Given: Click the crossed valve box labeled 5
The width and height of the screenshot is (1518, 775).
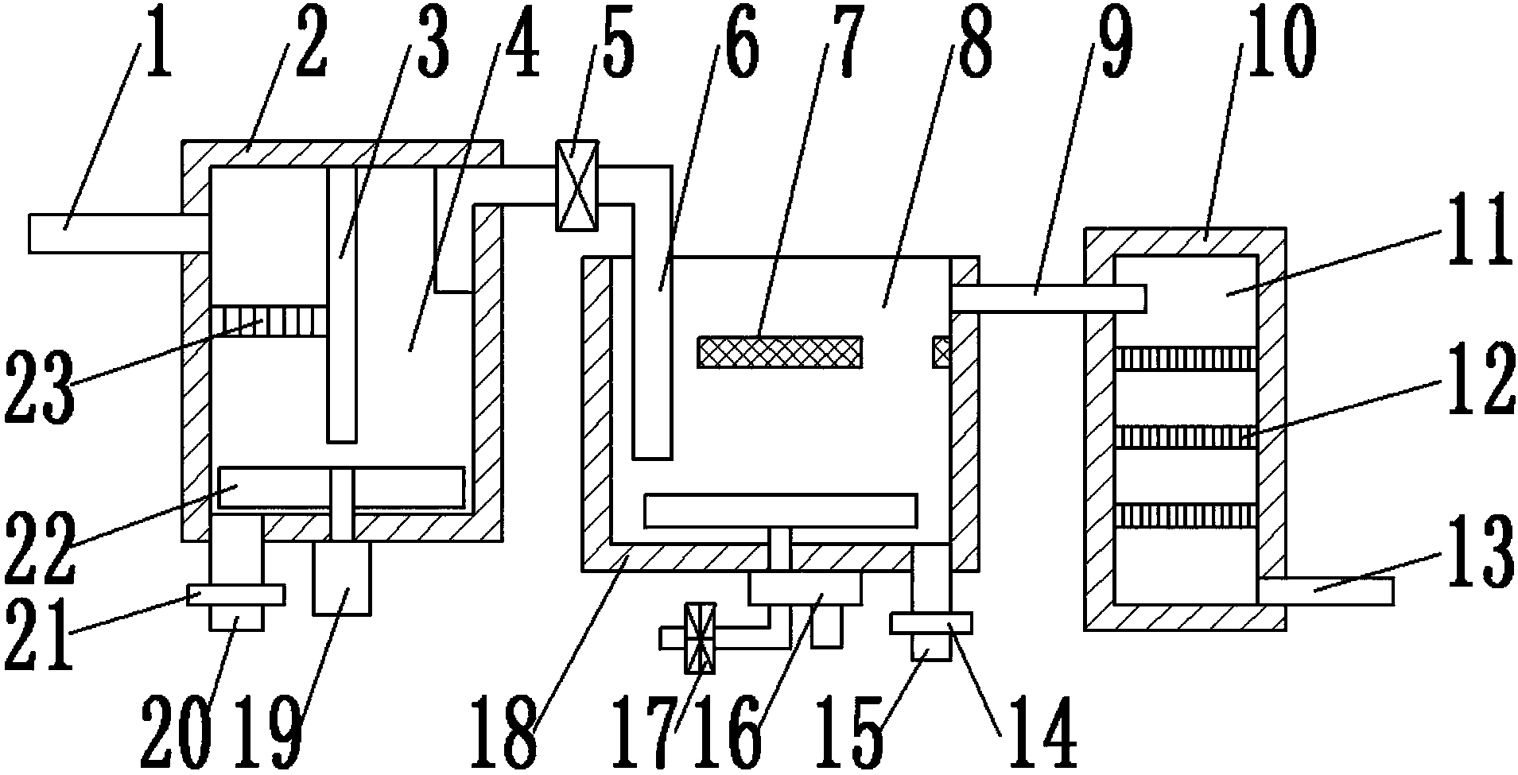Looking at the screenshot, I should (577, 185).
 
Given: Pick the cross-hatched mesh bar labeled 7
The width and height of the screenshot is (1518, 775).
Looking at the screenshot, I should (779, 352).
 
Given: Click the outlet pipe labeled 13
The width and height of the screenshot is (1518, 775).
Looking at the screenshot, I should (1326, 591).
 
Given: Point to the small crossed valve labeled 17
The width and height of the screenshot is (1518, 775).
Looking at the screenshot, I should (700, 637).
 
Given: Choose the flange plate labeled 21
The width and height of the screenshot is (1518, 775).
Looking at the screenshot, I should (235, 595).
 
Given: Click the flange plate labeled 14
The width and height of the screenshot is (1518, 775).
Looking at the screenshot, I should (931, 622).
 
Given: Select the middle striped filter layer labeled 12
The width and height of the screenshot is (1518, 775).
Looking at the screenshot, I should (1186, 436).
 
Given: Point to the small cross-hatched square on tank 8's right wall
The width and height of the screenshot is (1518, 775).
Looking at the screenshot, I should (941, 352).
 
